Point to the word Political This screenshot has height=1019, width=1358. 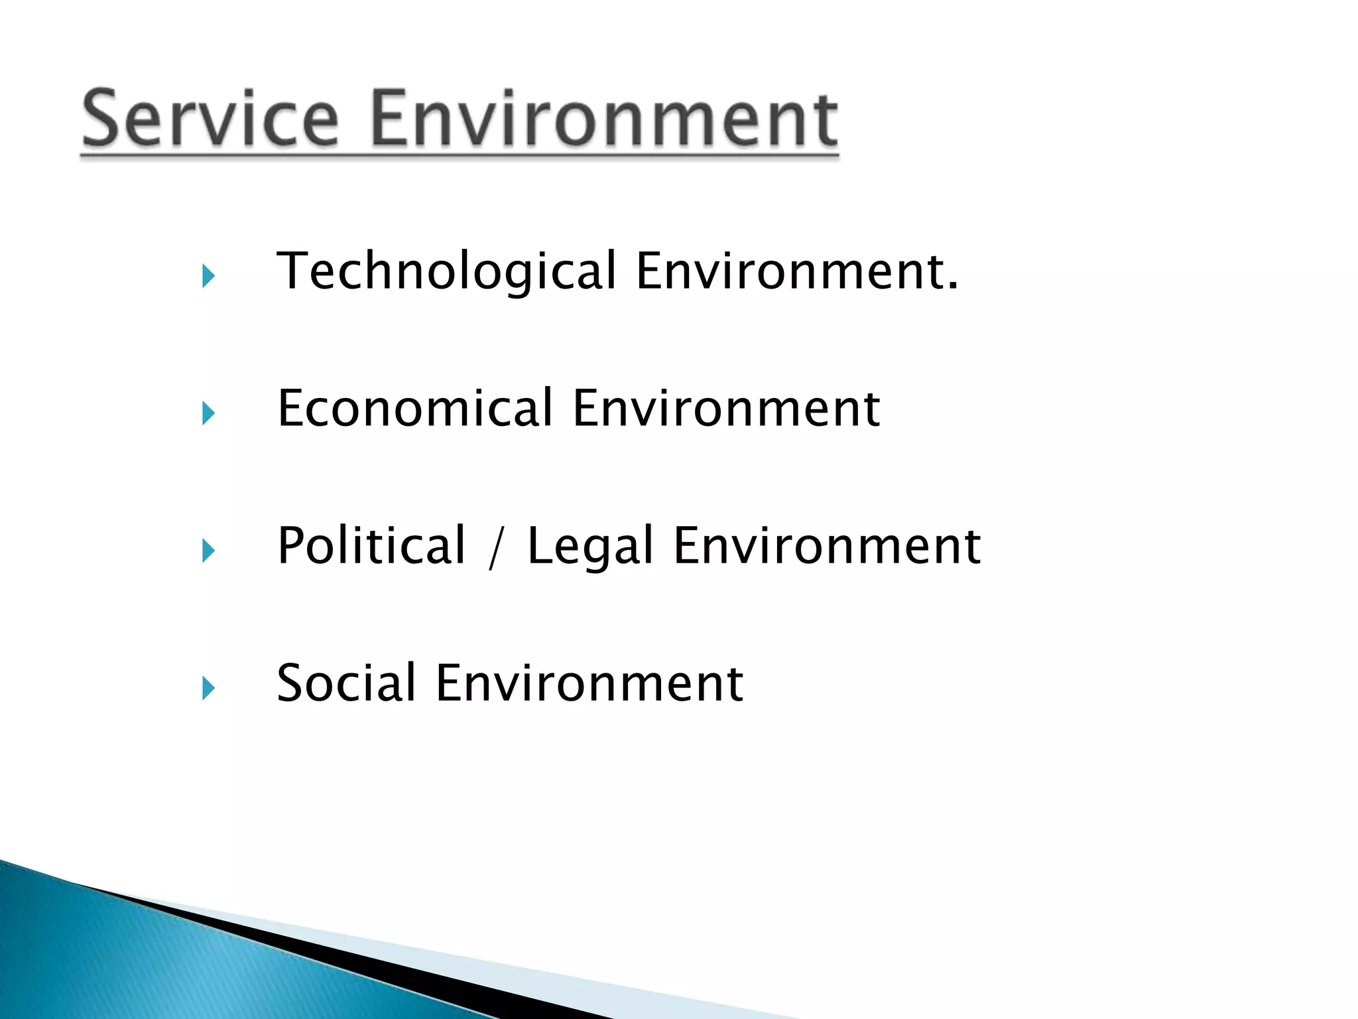[371, 545]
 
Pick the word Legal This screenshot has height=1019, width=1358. [591, 547]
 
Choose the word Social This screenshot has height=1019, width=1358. [346, 683]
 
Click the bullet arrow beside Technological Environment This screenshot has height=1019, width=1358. [208, 276]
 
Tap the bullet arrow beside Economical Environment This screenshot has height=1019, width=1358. [208, 413]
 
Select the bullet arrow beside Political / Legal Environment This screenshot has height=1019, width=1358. [208, 551]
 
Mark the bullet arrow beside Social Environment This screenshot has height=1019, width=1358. [208, 688]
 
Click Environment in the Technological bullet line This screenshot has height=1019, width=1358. [789, 271]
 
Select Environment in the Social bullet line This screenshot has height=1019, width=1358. [589, 683]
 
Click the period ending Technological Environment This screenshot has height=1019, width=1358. [952, 287]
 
